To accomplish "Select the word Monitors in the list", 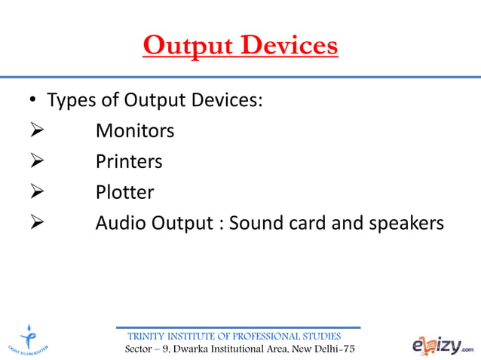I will [x=134, y=131].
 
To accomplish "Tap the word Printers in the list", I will [x=128, y=161].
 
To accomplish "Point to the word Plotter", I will [x=124, y=192].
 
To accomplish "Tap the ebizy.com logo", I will [x=443, y=344].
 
